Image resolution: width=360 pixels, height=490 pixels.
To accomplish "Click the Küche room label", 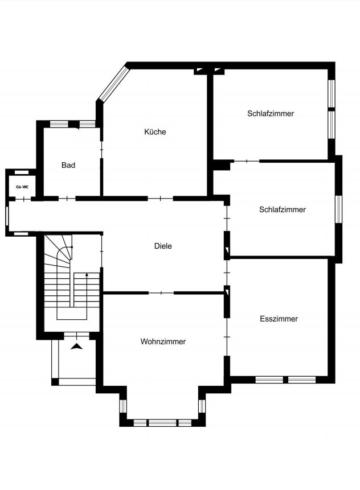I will [x=155, y=131].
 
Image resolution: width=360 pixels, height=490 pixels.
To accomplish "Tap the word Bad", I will [x=68, y=165].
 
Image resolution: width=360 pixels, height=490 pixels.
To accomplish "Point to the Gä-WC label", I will [x=21, y=186].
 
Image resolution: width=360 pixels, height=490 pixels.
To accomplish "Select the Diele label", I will [x=163, y=246].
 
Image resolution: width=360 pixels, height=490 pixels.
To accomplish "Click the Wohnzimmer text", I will [x=163, y=341].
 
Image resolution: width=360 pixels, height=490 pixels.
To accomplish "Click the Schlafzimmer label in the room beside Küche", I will [x=271, y=113].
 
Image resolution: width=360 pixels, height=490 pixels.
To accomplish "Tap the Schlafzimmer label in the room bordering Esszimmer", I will [x=282, y=209].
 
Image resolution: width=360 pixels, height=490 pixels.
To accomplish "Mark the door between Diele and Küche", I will [x=160, y=198].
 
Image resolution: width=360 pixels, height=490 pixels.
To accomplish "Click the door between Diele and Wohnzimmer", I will [x=161, y=293].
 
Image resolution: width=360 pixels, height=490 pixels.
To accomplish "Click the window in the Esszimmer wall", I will [x=285, y=379].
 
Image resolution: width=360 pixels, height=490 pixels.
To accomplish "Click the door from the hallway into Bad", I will [x=67, y=198].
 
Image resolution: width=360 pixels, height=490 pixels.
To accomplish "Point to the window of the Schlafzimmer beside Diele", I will [x=338, y=209].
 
